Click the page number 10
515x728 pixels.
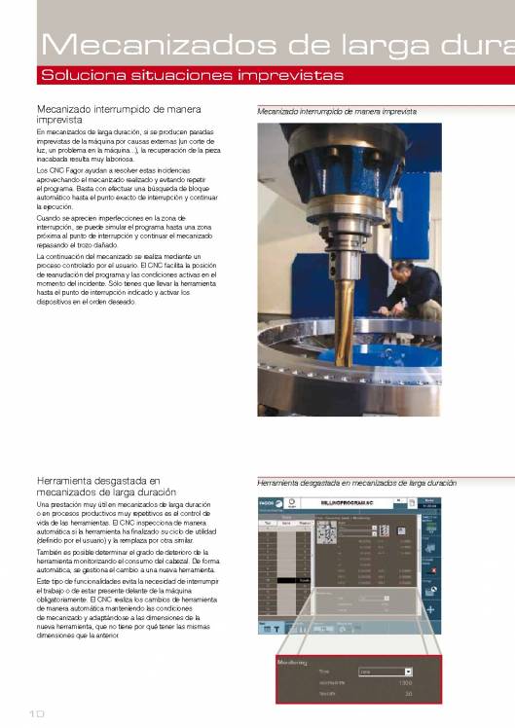37,713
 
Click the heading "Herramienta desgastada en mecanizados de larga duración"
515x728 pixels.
106,486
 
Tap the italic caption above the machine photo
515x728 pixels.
337,112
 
